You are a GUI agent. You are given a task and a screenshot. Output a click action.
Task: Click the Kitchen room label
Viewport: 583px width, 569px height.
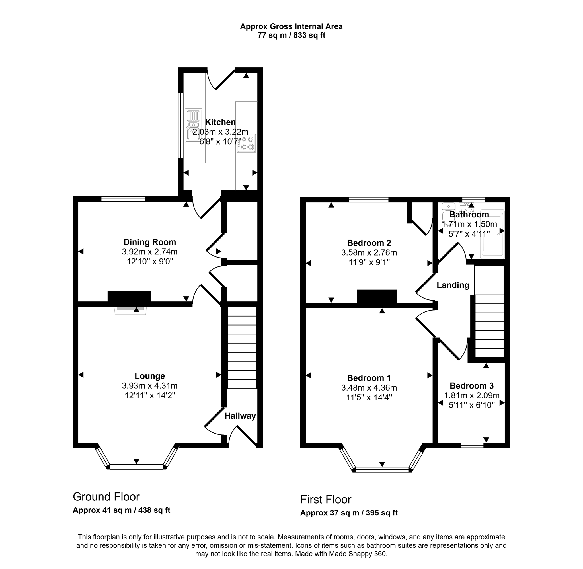[220, 122]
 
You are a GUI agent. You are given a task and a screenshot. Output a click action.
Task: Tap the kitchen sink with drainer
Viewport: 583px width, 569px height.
[194, 126]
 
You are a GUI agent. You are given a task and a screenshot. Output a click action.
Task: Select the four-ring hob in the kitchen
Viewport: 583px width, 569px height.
[247, 143]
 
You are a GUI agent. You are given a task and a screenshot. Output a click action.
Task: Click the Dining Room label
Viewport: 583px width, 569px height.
[150, 242]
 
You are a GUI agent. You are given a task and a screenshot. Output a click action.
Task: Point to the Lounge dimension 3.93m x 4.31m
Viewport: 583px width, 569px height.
[150, 386]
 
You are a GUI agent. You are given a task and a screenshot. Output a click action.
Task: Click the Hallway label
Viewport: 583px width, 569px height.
[240, 416]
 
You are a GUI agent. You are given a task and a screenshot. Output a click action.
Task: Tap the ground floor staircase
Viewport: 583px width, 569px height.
[242, 348]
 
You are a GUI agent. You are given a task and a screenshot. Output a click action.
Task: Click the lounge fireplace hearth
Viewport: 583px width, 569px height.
[130, 311]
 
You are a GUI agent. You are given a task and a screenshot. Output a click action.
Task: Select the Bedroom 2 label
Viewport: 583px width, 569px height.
[369, 243]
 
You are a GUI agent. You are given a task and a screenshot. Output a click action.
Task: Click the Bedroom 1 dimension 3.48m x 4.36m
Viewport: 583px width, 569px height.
[369, 388]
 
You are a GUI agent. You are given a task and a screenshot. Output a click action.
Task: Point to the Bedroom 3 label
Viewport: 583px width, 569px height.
[471, 385]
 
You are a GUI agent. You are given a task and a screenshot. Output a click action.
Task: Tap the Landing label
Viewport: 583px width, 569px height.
[453, 285]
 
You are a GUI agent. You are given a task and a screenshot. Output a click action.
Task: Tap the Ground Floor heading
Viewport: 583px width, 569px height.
[106, 497]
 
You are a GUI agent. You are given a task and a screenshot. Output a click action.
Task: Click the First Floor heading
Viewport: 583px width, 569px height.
[326, 499]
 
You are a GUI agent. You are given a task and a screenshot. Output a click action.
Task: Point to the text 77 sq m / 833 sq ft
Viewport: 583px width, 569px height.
[291, 36]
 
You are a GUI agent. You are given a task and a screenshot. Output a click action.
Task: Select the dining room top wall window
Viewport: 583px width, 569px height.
[123, 199]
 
